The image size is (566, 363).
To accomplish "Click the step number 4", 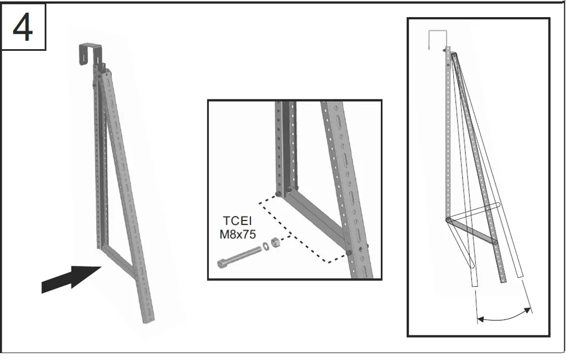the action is [23, 28].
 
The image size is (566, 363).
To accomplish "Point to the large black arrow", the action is [71, 280].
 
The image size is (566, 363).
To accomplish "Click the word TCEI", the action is [237, 220].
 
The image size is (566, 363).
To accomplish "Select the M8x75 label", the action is [238, 234].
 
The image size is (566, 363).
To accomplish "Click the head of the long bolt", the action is [222, 264].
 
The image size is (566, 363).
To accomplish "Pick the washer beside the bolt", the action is [266, 246].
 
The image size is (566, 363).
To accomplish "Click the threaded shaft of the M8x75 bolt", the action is [244, 254].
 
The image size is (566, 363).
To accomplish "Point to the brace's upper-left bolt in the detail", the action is [279, 194].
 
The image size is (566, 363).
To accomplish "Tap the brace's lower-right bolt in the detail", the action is [349, 252].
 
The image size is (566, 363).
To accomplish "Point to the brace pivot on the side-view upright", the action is [448, 219].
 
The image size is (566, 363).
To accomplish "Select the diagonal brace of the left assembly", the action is [119, 261].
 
